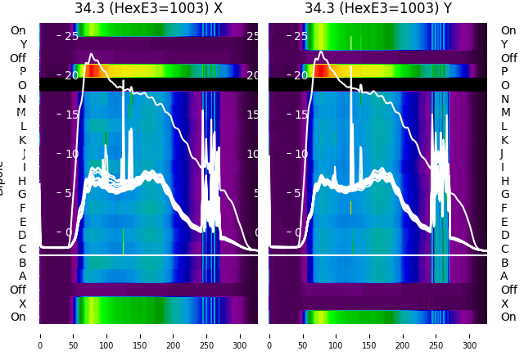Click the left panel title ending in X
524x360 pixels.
tap(148, 9)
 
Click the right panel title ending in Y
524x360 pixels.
tap(378, 9)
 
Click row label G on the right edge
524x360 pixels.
tap(504, 195)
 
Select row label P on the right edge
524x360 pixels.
tap(504, 72)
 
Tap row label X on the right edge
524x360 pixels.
tap(504, 304)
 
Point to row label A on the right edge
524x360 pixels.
tap(504, 277)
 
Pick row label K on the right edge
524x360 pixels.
tap(504, 140)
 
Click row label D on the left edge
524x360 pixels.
tap(22, 236)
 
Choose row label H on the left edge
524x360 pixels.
tap(22, 181)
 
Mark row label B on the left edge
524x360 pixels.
tap(22, 263)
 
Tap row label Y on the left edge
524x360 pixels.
tap(22, 44)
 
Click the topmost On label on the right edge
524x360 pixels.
tap(508, 31)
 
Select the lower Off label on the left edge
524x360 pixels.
tap(18, 290)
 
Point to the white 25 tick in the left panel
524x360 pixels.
tap(71, 36)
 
